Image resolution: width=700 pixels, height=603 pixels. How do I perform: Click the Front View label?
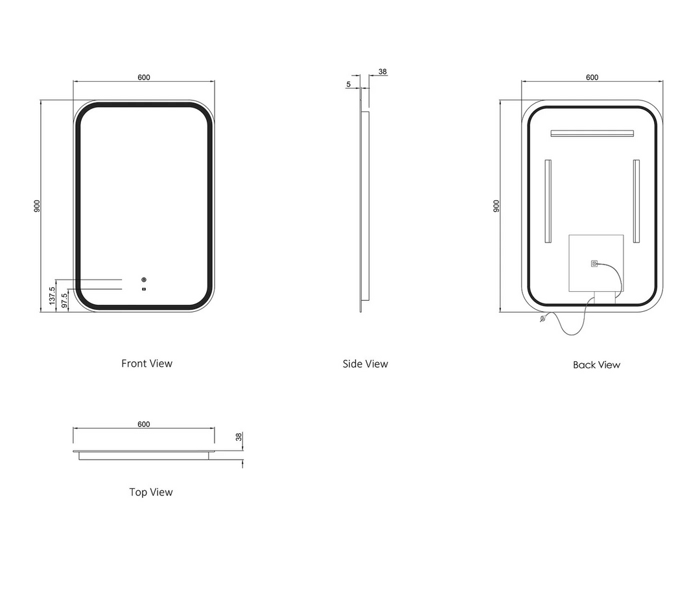click(147, 363)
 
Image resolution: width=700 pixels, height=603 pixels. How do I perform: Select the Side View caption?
click(366, 364)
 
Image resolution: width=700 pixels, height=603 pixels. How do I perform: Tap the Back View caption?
click(596, 365)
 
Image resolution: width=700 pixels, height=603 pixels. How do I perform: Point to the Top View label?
click(151, 492)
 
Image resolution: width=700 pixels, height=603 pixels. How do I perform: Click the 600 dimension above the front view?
click(144, 77)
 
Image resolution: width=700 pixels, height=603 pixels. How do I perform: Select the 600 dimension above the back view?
click(592, 77)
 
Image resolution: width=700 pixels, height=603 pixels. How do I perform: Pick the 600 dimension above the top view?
click(144, 424)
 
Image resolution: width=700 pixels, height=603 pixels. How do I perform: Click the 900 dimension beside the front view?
click(38, 206)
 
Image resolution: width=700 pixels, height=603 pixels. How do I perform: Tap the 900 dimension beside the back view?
click(496, 206)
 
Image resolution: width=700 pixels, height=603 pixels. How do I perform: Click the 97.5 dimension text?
click(64, 300)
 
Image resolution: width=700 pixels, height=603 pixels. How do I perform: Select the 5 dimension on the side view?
click(349, 84)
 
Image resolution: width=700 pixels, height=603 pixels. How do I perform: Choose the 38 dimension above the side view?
click(382, 72)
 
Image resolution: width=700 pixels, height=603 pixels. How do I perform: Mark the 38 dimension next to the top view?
click(239, 437)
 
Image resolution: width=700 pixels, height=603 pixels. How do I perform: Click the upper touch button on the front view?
click(144, 280)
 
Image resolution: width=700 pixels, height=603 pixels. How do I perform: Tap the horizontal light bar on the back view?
click(591, 134)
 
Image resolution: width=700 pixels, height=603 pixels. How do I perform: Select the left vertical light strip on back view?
click(548, 201)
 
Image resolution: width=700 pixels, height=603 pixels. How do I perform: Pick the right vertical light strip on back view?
click(636, 201)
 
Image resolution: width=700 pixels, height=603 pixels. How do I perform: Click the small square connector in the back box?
click(594, 264)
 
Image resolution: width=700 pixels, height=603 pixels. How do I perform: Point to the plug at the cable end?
click(542, 319)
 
